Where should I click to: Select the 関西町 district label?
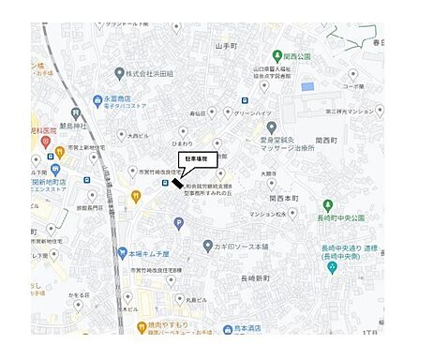[326, 140]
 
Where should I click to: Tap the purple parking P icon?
[179, 222]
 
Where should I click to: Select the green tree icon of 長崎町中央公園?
[328, 205]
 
